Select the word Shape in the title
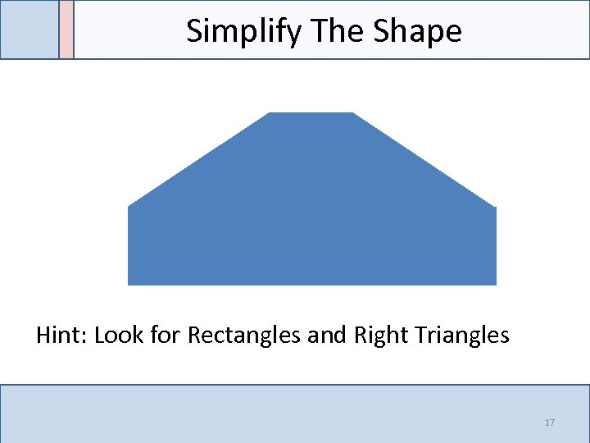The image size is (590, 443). pos(417,31)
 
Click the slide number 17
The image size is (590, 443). pos(550,422)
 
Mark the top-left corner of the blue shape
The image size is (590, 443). pos(270,112)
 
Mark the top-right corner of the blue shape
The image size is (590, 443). pos(352,112)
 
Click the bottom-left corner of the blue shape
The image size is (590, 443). pos(129,285)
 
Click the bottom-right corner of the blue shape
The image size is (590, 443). pos(496,285)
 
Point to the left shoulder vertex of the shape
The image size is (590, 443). pos(129,206)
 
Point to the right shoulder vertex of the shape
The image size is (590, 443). pos(496,207)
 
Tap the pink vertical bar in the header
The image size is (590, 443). pos(66,30)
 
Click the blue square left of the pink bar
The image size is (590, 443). pos(29,30)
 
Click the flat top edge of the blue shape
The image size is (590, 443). pos(311,113)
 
